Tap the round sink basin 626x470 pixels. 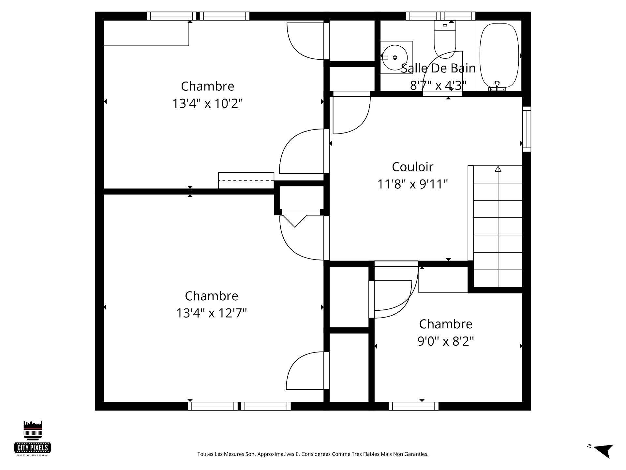point(395,57)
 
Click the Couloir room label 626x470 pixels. point(412,167)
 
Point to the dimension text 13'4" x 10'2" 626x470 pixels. point(207,103)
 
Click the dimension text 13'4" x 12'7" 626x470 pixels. point(211,313)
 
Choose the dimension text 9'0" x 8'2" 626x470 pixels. point(446,341)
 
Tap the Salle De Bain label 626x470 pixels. point(438,68)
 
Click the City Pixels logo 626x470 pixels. point(33,438)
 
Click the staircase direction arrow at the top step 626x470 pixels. point(498,169)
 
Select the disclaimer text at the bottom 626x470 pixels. point(313,454)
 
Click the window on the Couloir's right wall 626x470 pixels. point(527,129)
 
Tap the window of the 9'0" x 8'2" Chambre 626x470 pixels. point(413,406)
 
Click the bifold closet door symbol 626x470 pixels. point(295,221)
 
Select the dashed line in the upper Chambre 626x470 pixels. point(246,180)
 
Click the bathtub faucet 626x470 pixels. point(497,85)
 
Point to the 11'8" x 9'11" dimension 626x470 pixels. point(412,184)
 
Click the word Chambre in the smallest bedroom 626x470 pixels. point(446,324)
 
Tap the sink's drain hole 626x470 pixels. point(395,57)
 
